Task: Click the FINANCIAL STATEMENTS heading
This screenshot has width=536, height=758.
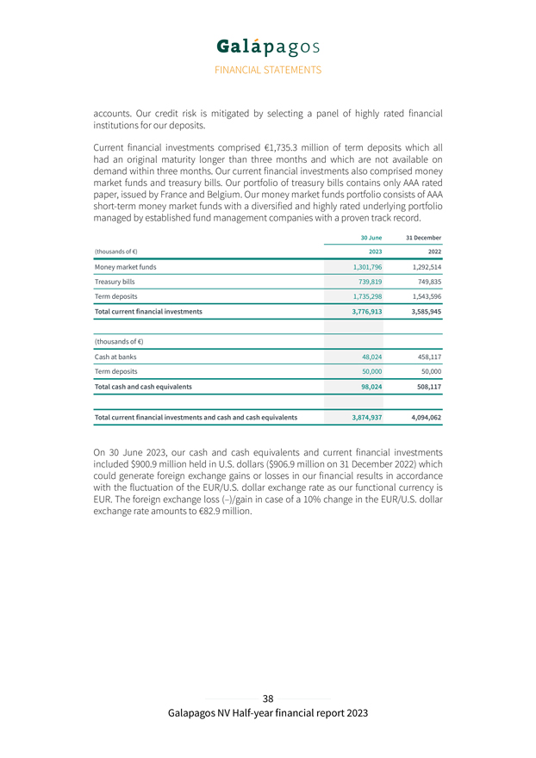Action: (267, 70)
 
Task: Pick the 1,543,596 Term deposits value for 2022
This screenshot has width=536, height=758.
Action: (422, 295)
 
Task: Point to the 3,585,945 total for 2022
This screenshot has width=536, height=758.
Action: (422, 311)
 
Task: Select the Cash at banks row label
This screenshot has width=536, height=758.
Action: (115, 357)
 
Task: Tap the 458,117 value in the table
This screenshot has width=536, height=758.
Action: (427, 357)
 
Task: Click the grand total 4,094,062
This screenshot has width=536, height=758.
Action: (422, 418)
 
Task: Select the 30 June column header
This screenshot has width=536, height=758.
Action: (371, 237)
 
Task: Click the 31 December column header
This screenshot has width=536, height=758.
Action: (423, 237)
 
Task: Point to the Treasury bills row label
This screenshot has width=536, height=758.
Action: (115, 282)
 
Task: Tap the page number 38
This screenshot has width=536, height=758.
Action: (268, 699)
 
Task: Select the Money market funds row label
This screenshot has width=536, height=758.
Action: (125, 267)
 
